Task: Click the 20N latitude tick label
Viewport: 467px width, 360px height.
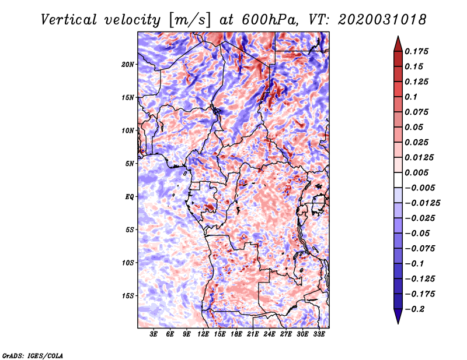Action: tap(127, 65)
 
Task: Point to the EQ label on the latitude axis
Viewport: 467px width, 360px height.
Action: tap(129, 197)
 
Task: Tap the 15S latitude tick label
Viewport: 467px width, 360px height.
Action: tap(127, 296)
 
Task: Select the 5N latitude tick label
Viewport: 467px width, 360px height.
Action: tap(129, 164)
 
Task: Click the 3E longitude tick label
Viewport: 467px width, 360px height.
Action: tap(154, 334)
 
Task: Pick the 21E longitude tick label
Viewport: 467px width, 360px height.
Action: tap(253, 334)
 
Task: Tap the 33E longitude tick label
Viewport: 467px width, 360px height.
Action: tap(319, 334)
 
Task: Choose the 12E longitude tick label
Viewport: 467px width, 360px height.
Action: tap(203, 334)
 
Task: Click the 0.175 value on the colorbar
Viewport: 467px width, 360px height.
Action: tap(416, 51)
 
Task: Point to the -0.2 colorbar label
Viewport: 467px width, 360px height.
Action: tap(414, 309)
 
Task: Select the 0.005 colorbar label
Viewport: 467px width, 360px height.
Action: tap(416, 172)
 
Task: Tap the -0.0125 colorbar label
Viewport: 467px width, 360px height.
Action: tap(423, 203)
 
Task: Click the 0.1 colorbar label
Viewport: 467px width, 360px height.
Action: tap(411, 97)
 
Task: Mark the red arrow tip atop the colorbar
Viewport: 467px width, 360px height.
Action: tap(398, 37)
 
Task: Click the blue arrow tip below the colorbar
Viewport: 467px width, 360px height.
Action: tap(398, 323)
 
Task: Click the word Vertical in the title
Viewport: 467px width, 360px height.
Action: tap(69, 20)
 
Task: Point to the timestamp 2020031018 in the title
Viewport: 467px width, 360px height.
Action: tap(382, 20)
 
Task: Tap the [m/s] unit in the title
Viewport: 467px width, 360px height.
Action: tap(190, 20)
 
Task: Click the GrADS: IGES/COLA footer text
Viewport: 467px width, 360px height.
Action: tap(33, 356)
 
